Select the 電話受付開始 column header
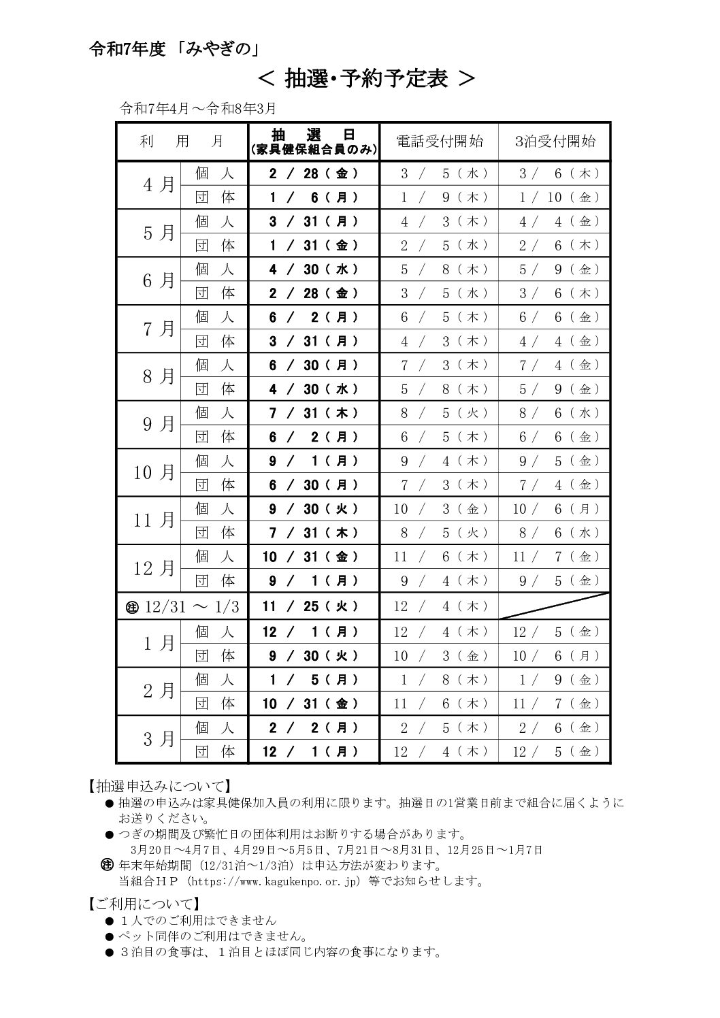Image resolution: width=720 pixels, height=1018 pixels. click(440, 142)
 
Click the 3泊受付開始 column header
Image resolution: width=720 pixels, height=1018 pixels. click(555, 142)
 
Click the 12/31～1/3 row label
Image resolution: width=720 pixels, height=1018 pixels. click(184, 607)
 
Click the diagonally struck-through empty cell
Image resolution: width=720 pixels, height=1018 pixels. click(554, 606)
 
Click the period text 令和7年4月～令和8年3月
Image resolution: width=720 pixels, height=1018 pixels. click(197, 108)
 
